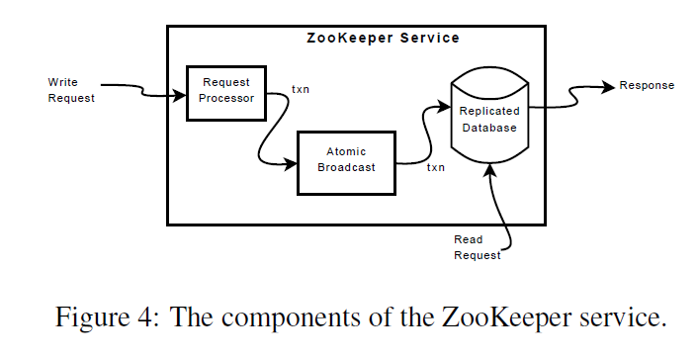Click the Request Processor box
(x=227, y=91)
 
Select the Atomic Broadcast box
(x=345, y=161)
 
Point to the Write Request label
(x=71, y=90)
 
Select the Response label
(x=647, y=85)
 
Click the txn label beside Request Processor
(x=301, y=90)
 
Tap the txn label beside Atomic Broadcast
(x=435, y=167)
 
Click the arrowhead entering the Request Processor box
(x=180, y=95)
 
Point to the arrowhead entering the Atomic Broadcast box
(x=292, y=164)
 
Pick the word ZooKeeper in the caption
(x=471, y=319)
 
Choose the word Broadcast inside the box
(x=345, y=168)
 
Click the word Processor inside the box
(x=227, y=98)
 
